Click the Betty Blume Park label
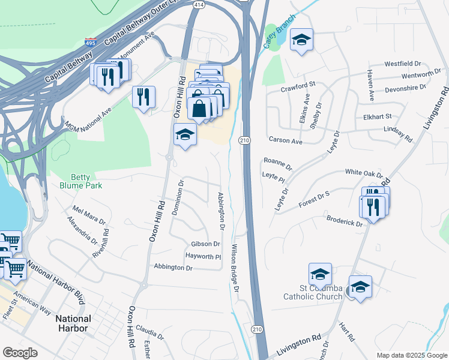tap(86, 181)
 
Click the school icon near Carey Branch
tap(301, 41)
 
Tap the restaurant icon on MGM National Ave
tap(143, 97)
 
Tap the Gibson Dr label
tap(205, 244)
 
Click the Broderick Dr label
tap(345, 221)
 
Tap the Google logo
tap(20, 353)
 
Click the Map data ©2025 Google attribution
tap(411, 355)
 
